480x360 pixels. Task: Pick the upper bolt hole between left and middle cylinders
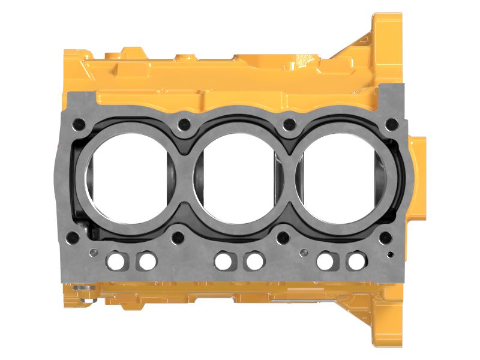click(x=184, y=125)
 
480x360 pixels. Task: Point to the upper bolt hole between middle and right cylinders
click(x=290, y=125)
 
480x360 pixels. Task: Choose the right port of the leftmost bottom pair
click(x=146, y=261)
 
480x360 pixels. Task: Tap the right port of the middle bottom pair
click(x=254, y=261)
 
